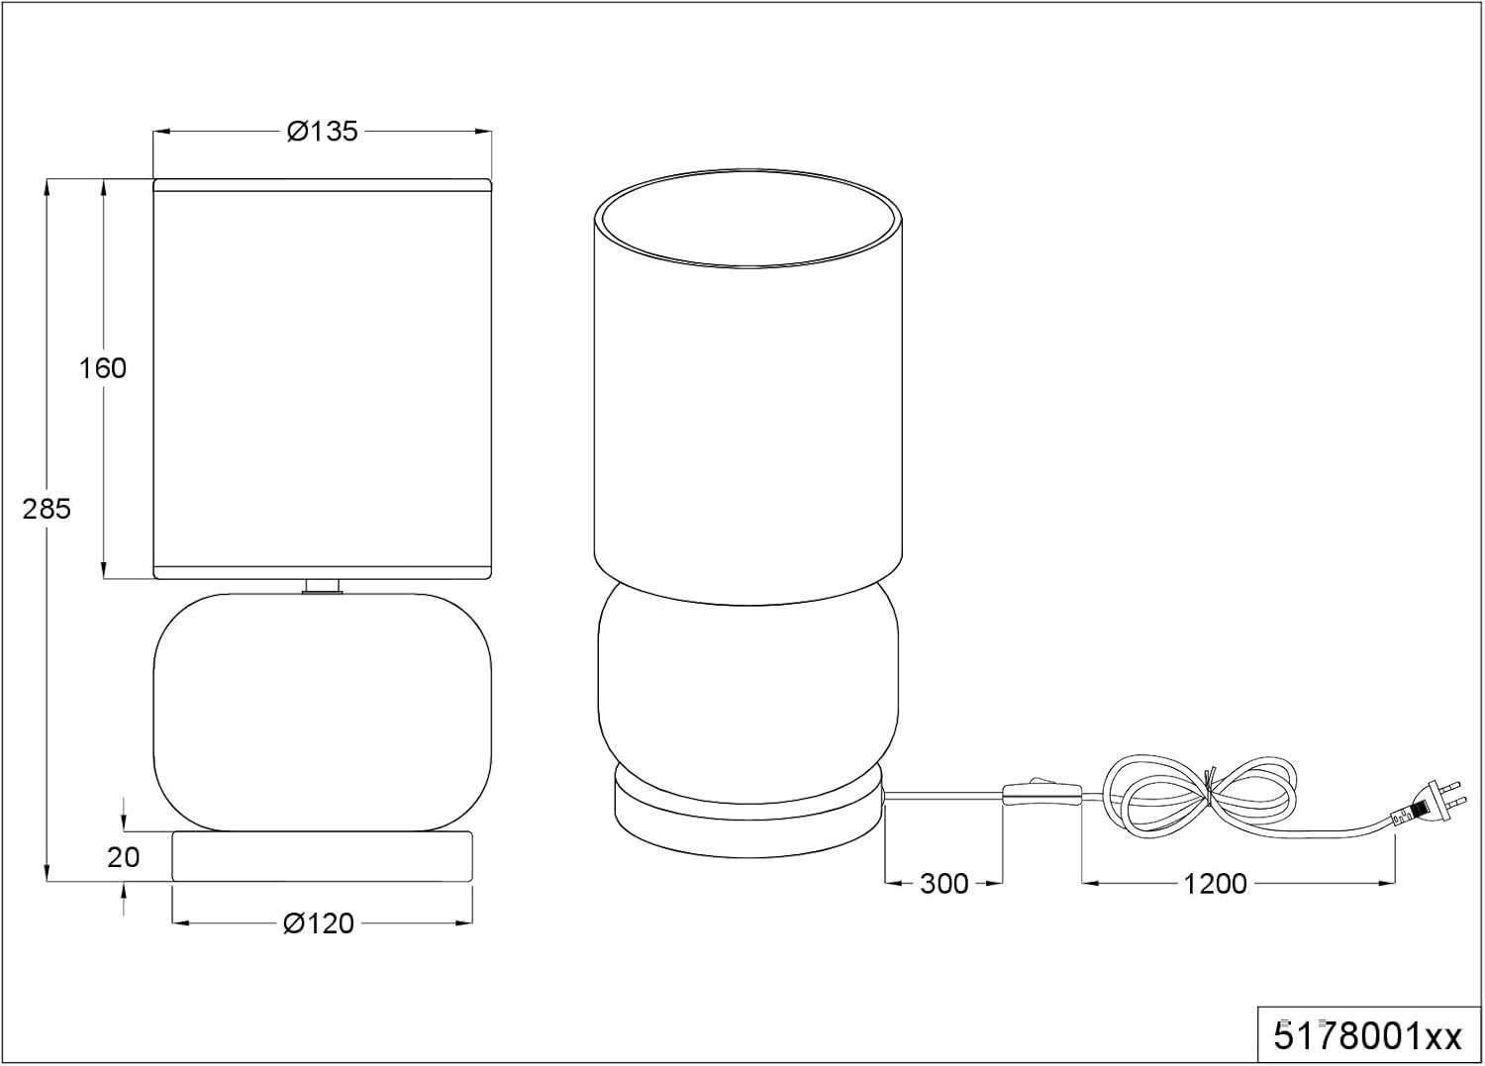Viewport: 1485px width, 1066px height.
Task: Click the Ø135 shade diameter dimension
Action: [322, 132]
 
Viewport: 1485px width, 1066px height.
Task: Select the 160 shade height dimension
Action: [103, 368]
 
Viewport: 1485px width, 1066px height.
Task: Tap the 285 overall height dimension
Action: [47, 509]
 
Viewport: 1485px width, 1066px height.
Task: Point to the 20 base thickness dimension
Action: [124, 857]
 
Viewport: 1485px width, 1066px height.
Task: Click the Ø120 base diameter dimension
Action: [319, 923]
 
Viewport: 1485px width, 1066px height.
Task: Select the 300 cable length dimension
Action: [944, 884]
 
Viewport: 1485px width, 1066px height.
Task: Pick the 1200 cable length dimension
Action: [1215, 884]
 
